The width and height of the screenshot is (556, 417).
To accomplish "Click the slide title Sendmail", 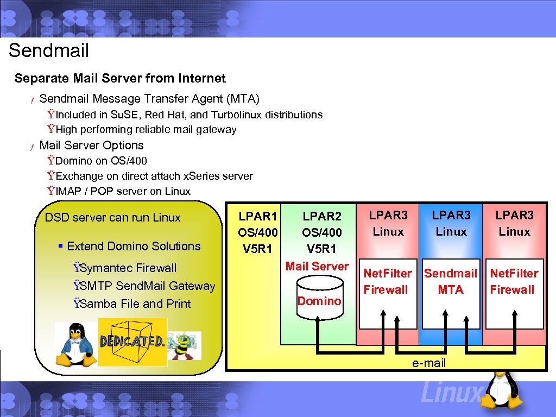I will click(49, 50).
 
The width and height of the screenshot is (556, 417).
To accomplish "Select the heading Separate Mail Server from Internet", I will click(120, 78).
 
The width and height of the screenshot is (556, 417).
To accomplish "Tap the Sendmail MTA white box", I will click(451, 294).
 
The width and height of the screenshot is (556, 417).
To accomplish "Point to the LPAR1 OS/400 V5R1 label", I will click(258, 232).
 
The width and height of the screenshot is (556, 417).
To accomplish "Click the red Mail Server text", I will click(317, 266).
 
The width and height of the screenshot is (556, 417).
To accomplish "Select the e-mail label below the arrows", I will click(429, 363).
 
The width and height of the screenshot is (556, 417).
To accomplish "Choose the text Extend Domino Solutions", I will click(134, 246).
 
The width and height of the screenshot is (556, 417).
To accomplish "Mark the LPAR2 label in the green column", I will click(322, 216).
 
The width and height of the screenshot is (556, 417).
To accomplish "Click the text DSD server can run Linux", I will click(112, 217).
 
